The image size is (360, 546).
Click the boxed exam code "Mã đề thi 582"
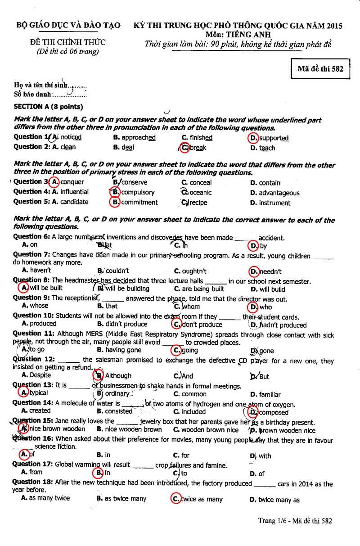pyautogui.click(x=320, y=69)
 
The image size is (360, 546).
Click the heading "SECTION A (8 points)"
pyautogui.click(x=49, y=107)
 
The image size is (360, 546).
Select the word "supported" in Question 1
pyautogui.click(x=274, y=138)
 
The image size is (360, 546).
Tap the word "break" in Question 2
pyautogui.click(x=198, y=148)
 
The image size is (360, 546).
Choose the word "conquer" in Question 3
pyautogui.click(x=72, y=182)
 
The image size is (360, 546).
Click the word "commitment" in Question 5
pyautogui.click(x=139, y=203)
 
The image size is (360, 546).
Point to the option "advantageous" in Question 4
pyautogui.click(x=279, y=193)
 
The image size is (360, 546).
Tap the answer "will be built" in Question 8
pyautogui.click(x=46, y=288)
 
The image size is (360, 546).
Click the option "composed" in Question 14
pyautogui.click(x=274, y=412)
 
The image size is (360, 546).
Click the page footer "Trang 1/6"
pyautogui.click(x=273, y=521)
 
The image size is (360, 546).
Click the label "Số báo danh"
pyautogui.click(x=32, y=95)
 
